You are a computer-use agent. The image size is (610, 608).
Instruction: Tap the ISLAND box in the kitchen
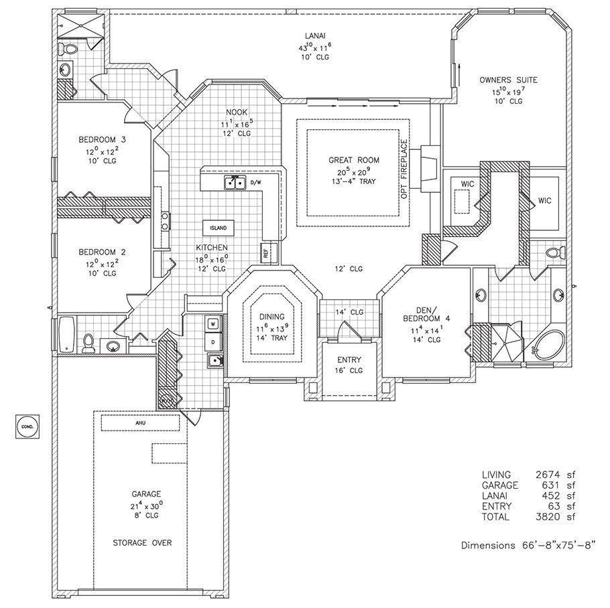coord(218,228)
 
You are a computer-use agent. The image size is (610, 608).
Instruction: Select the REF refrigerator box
coord(265,252)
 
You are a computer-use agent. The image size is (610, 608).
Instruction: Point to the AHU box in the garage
coord(140,423)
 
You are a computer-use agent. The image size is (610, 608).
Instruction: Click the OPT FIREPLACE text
coord(404,162)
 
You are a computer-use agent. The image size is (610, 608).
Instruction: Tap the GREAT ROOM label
coord(354,160)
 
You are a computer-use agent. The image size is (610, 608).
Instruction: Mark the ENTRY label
coord(349,360)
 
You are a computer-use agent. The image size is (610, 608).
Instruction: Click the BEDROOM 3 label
coord(103,139)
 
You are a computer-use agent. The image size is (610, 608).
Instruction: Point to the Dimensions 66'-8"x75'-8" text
coord(528,545)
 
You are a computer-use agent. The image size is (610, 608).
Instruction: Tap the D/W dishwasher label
coord(255,181)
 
